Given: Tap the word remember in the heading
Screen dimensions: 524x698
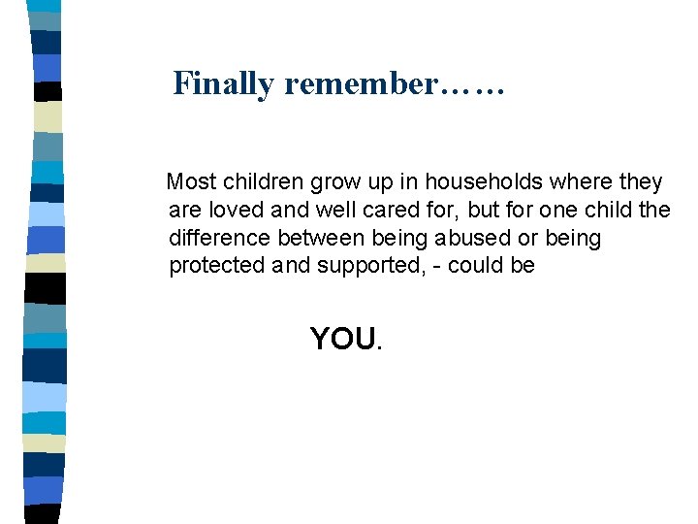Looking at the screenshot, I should [x=361, y=84].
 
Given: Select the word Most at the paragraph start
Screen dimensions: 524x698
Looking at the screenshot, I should [x=192, y=181].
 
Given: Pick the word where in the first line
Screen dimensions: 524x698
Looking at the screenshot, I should [x=587, y=181].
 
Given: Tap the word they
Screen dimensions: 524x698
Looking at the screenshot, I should [x=642, y=182].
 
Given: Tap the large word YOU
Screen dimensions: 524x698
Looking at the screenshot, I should [x=343, y=339].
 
